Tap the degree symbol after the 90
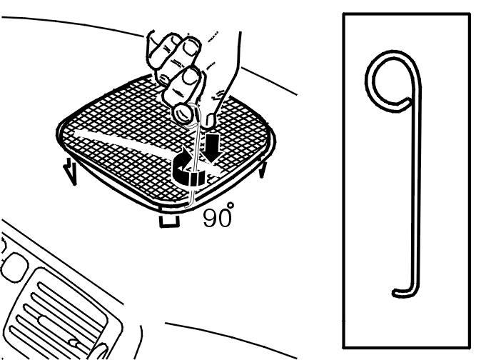pos(231,205)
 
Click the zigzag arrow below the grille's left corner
pos(70,172)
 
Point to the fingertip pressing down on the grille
pos(211,121)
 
